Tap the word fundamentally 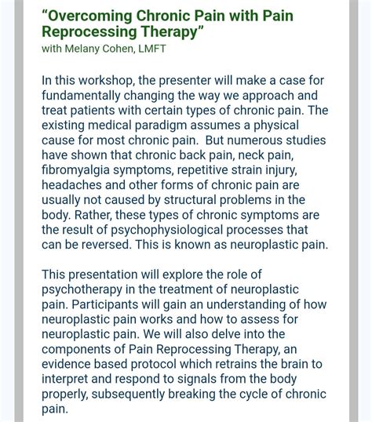pos(81,95)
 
